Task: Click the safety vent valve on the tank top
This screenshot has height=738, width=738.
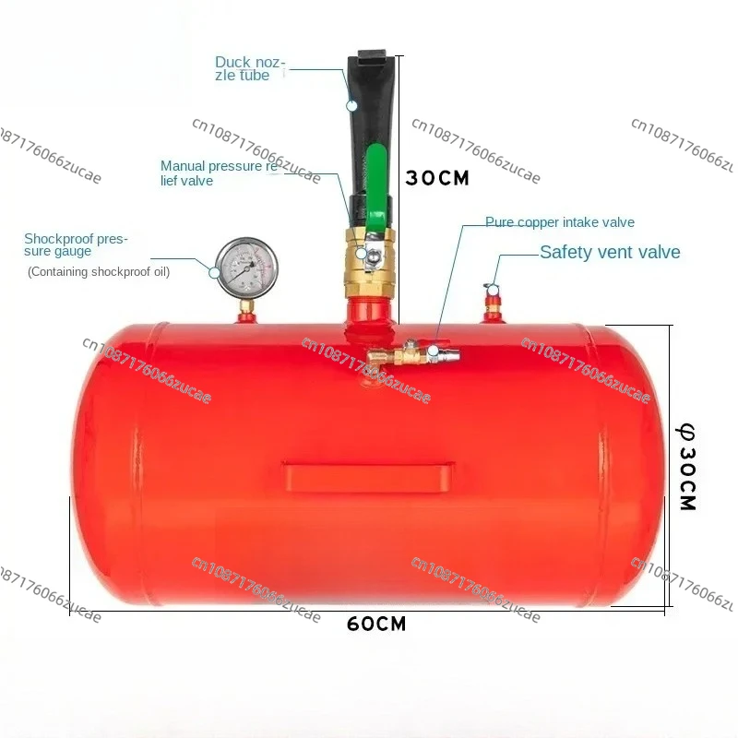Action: click(494, 303)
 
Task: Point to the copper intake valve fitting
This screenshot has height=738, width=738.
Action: click(406, 355)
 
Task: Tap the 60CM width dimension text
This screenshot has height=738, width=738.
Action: click(376, 624)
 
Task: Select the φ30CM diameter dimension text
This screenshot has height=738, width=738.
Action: click(687, 466)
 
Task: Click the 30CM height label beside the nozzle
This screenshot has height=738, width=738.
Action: click(437, 178)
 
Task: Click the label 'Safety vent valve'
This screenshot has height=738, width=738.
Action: click(610, 252)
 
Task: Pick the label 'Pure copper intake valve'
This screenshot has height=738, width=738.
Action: click(560, 222)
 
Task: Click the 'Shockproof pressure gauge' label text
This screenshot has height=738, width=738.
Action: click(76, 244)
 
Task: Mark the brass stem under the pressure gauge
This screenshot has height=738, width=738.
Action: click(246, 304)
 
